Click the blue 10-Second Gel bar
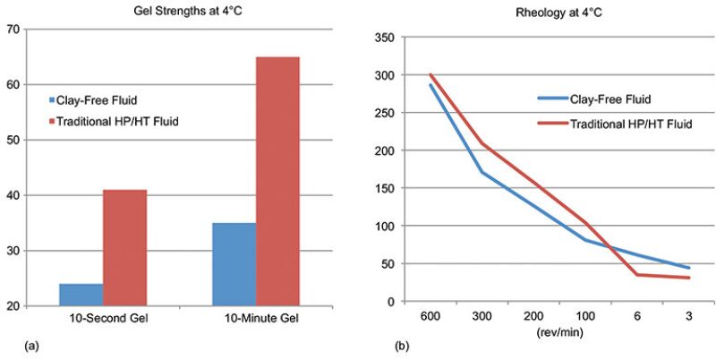(x=81, y=295)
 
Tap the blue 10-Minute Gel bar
(x=234, y=264)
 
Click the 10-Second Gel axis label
(x=103, y=319)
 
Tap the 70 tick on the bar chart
(x=13, y=30)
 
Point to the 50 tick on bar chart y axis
(x=13, y=140)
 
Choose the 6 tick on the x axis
(x=637, y=318)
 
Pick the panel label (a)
(x=12, y=343)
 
